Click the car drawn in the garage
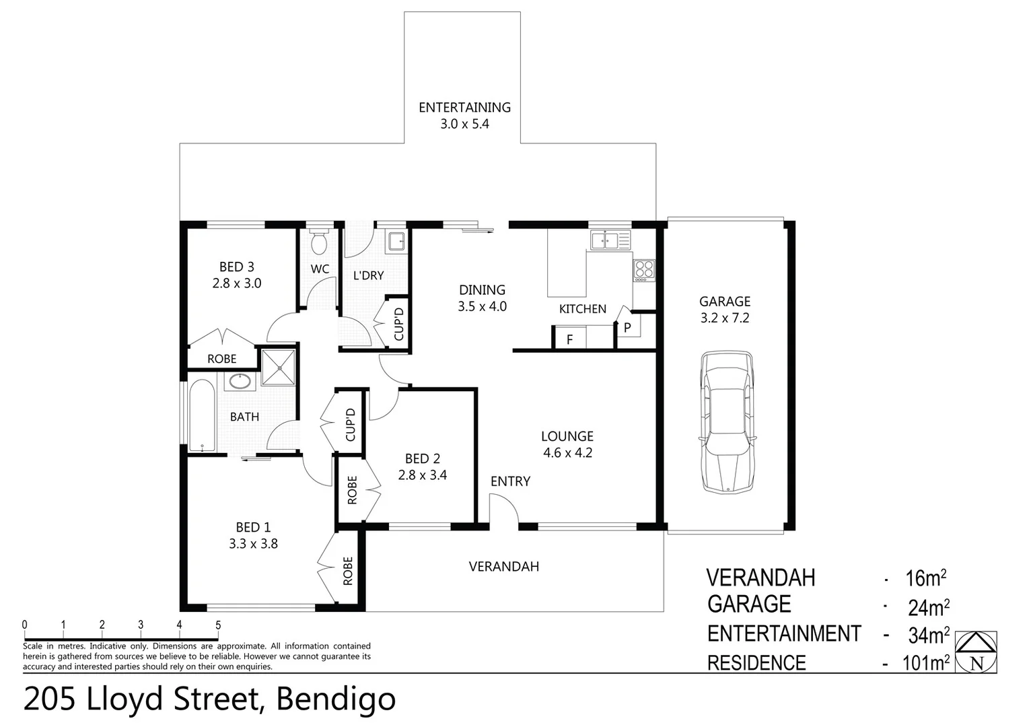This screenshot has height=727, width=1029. click(x=726, y=421)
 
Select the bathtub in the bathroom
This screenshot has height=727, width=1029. click(x=202, y=416)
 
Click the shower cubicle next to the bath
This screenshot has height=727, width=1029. click(x=279, y=367)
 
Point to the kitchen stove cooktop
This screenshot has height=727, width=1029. click(x=644, y=270)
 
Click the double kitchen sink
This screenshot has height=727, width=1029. click(x=610, y=240)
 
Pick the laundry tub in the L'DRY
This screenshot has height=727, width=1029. click(x=396, y=240)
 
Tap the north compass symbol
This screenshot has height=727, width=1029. click(x=976, y=652)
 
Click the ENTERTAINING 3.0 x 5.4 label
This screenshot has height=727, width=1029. click(x=464, y=115)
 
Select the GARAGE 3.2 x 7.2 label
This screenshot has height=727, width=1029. click(x=725, y=310)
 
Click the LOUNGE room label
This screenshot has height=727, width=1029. click(x=567, y=436)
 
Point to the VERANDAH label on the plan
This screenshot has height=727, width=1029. click(x=504, y=567)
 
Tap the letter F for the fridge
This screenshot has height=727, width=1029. click(x=569, y=339)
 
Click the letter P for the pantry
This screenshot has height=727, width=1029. click(x=627, y=328)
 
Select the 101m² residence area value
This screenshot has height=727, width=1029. click(x=925, y=663)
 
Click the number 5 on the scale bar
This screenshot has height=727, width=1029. click(x=218, y=625)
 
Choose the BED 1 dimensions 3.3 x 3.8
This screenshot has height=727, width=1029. click(x=253, y=544)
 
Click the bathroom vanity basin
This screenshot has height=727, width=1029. click(x=239, y=382)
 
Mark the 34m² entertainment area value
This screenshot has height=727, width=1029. click(x=929, y=634)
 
